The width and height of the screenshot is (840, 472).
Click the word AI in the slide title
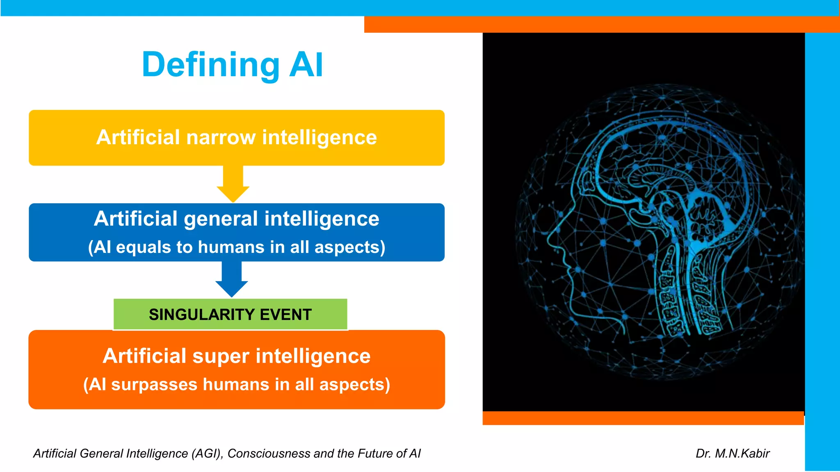point(306,65)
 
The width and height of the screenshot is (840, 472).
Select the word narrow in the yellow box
point(221,137)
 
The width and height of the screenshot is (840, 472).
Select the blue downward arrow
point(232,279)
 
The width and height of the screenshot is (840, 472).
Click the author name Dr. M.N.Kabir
point(733,453)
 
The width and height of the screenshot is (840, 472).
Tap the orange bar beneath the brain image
point(643,418)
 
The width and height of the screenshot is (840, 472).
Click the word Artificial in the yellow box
point(138,137)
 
